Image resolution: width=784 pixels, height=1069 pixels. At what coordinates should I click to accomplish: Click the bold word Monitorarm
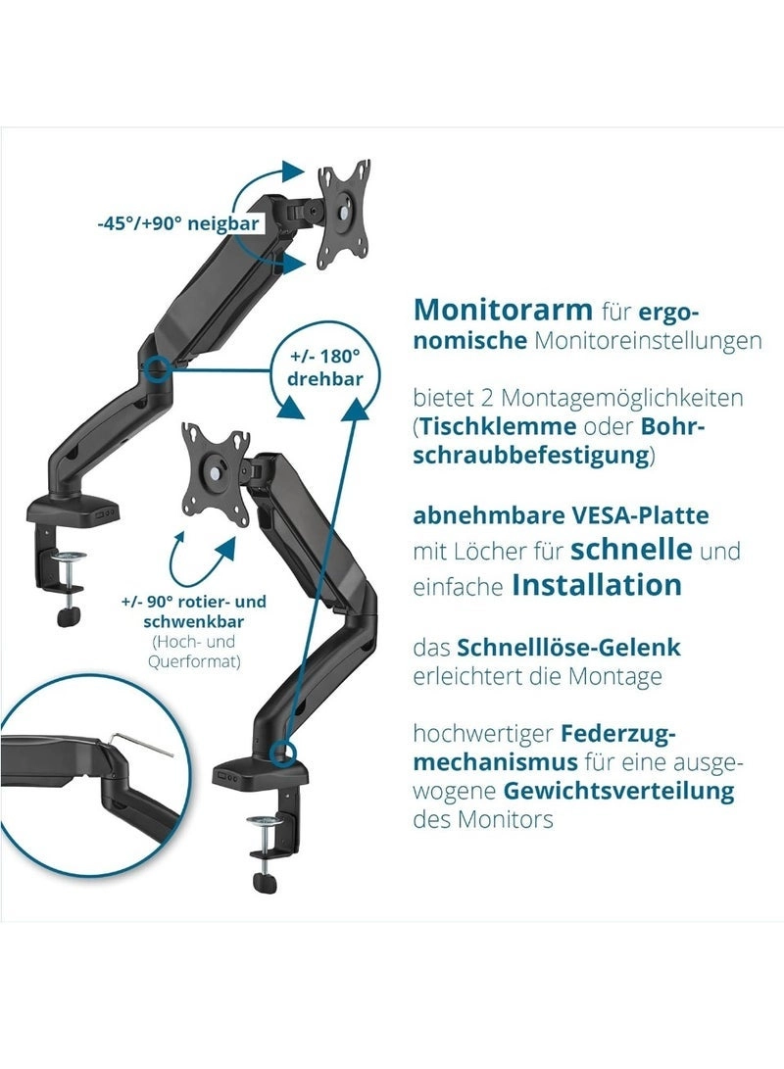click(x=503, y=310)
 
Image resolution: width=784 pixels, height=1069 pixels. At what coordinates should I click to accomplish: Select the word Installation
click(x=597, y=585)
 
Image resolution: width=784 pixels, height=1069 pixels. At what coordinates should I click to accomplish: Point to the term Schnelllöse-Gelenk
click(x=568, y=648)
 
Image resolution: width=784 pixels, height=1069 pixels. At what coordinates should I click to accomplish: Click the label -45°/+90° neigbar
click(x=177, y=223)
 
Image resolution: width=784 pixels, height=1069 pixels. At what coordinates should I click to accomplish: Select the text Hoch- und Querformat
click(x=195, y=651)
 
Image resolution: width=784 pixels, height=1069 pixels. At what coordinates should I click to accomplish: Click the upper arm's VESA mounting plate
click(x=345, y=212)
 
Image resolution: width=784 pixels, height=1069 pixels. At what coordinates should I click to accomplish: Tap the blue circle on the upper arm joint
click(x=155, y=370)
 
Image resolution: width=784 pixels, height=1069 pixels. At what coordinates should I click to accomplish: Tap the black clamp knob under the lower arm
click(x=265, y=882)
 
